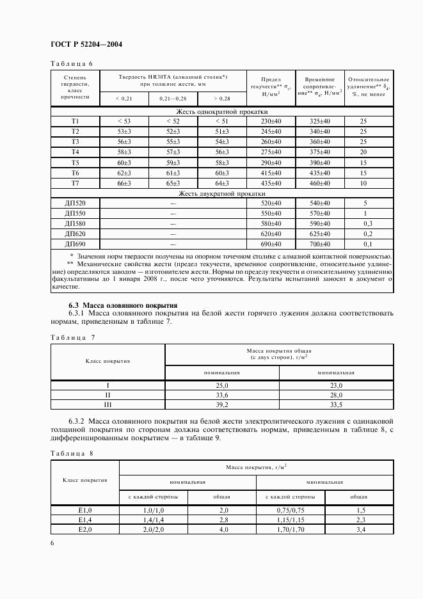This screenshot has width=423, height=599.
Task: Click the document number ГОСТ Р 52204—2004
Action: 86,45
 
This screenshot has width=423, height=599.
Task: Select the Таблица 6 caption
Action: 71,63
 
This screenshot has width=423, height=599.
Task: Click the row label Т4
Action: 75,152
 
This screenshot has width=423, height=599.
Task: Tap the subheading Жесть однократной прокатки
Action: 222,111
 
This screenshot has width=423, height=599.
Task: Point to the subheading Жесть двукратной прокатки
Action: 222,193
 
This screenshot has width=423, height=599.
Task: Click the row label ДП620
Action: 75,234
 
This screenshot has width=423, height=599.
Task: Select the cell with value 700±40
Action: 320,244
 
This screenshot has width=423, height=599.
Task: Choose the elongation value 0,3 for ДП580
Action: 363,223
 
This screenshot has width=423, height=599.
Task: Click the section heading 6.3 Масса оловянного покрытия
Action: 115,305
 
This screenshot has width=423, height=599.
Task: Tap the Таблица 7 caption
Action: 71,337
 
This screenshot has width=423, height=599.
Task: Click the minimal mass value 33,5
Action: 336,405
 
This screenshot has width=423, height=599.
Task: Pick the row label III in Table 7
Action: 108,405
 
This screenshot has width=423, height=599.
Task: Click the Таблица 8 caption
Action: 71,453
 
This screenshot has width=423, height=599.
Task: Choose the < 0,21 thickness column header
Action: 124,99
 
